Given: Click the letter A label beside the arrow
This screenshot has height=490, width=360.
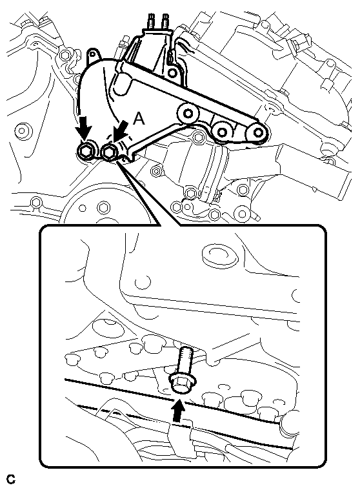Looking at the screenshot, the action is [139, 119].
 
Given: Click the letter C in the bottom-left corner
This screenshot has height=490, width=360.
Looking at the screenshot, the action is [11, 479].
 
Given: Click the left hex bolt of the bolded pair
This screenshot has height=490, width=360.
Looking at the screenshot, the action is [85, 152].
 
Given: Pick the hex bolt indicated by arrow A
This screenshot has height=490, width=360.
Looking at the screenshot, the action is [110, 152].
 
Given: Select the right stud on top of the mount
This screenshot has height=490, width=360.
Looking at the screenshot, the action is [165, 21].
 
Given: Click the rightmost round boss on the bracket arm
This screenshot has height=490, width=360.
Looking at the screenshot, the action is [257, 132].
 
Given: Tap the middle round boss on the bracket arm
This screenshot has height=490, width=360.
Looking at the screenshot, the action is [222, 132].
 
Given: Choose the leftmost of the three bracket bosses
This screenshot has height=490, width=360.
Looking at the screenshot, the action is [187, 113].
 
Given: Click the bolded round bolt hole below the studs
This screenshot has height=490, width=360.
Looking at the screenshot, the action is [172, 73].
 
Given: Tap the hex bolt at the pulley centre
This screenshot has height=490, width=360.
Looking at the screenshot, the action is [103, 207].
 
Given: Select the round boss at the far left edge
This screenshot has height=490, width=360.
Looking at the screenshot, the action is [21, 130].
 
